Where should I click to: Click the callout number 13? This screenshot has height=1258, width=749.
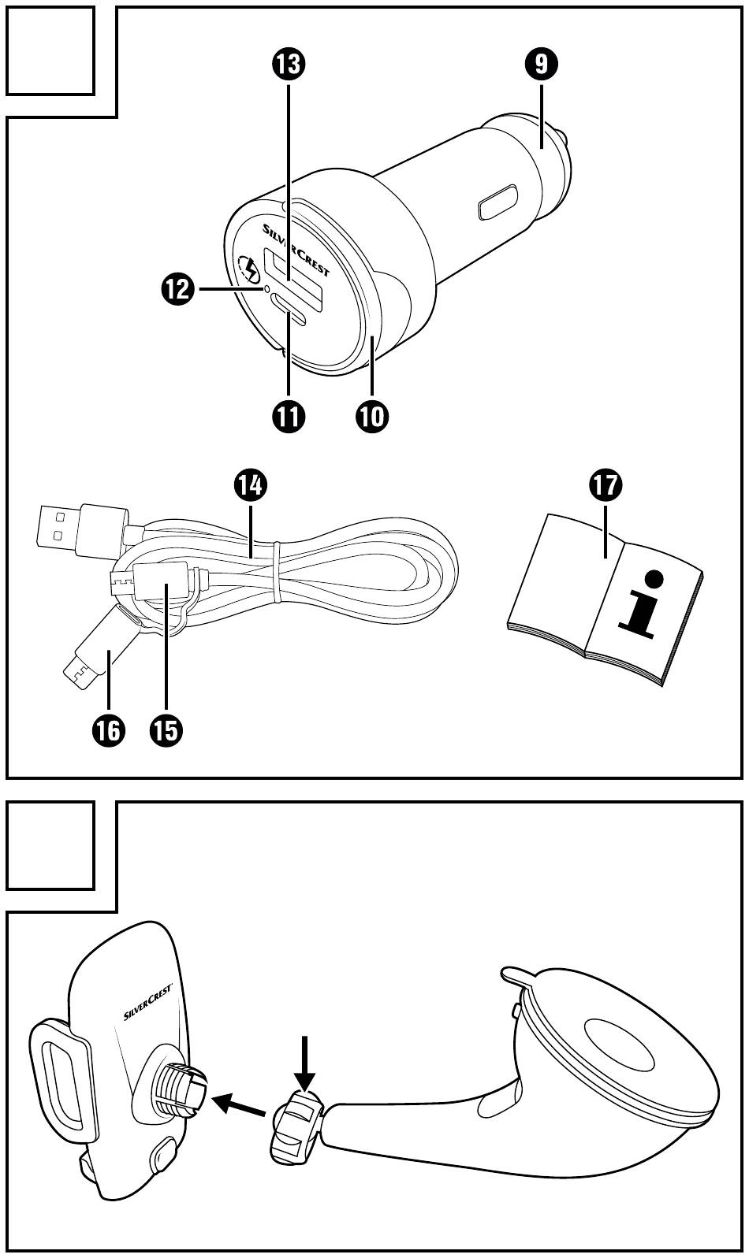[289, 64]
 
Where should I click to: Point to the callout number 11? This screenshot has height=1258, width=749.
[289, 415]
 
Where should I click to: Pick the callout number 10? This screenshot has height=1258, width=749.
[372, 415]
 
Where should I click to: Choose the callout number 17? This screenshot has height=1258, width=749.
[605, 486]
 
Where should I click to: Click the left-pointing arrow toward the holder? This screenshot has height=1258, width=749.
[240, 1104]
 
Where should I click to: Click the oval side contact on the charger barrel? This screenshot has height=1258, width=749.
[497, 202]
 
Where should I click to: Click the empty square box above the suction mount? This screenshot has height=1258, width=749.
[50, 844]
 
